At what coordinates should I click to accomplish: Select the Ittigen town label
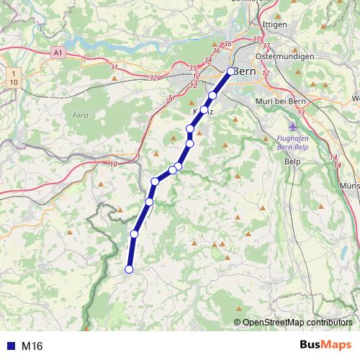tap(275, 24)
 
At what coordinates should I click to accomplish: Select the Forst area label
tap(81, 114)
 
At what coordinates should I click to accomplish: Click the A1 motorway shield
tap(59, 53)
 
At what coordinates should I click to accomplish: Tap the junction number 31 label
tap(114, 67)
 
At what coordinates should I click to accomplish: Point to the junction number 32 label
tap(152, 77)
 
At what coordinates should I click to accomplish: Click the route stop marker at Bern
tap(231, 71)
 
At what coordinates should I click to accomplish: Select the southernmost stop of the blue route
tap(130, 269)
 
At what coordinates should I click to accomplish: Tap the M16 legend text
tap(32, 346)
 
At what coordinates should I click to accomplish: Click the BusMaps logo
tap(325, 346)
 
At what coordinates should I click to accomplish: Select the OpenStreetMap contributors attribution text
tap(297, 322)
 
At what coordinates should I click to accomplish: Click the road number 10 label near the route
tap(113, 164)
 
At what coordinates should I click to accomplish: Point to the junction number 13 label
tap(300, 113)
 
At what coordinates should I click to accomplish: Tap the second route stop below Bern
tap(204, 110)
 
